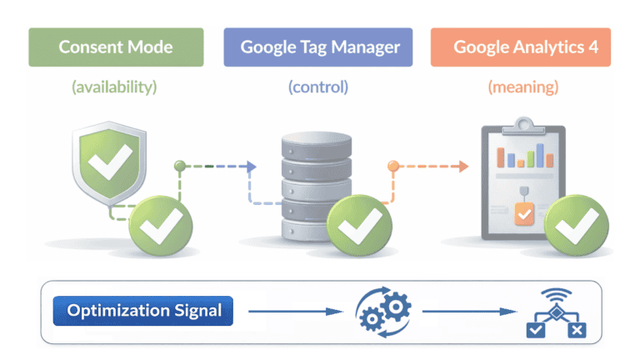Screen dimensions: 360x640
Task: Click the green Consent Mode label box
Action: coord(116,47)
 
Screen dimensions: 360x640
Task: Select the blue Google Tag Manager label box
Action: coord(318,47)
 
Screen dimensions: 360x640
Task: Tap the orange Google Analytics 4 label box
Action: coord(521,47)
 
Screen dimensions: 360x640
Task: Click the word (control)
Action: coord(318,86)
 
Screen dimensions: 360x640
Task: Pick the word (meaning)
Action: coord(523,86)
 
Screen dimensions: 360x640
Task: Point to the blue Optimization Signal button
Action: coord(144,312)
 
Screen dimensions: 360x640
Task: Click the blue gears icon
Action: coord(383,312)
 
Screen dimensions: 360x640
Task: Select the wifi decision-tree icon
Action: coord(555,314)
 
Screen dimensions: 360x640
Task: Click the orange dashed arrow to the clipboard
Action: coord(429,167)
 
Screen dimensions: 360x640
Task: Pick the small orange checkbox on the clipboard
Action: coord(523,214)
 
